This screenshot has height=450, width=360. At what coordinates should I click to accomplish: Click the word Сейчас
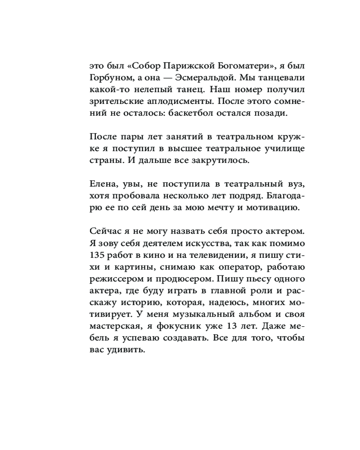[x=105, y=232]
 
